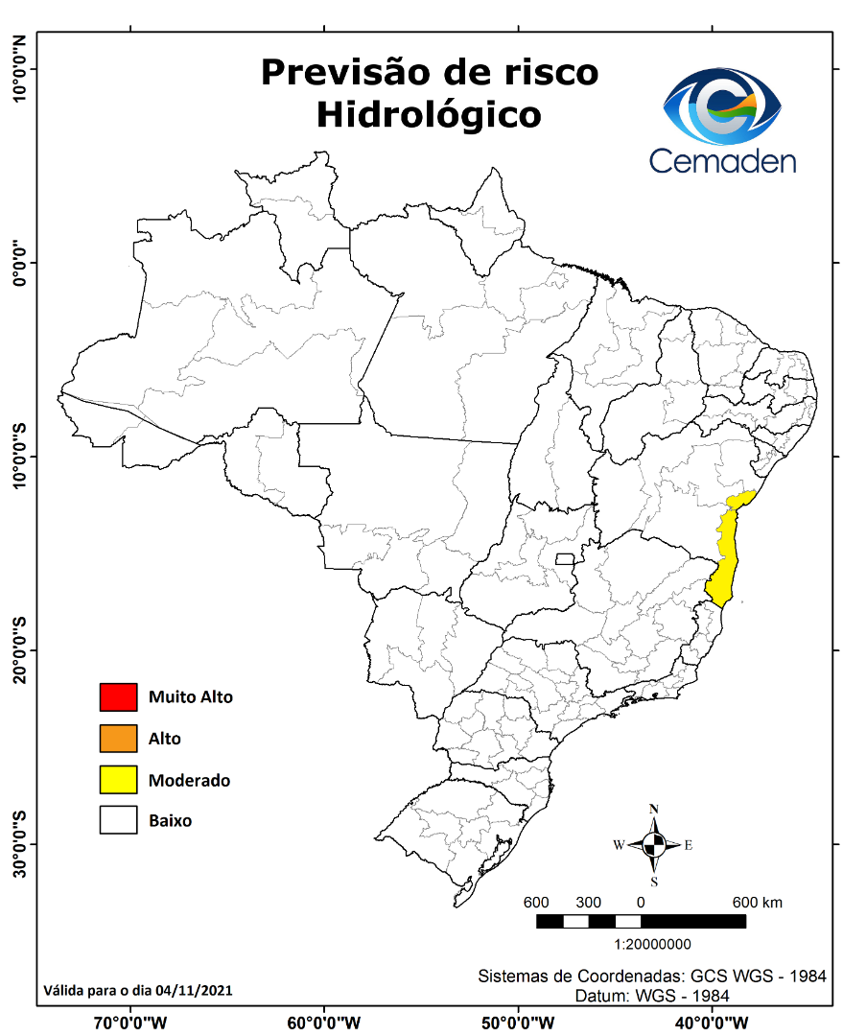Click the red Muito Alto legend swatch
[x=118, y=697]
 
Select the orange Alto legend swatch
[x=118, y=739]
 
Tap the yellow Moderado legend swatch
[x=118, y=780]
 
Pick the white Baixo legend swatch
[x=118, y=821]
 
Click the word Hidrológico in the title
[x=429, y=115]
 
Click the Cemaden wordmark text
[x=722, y=159]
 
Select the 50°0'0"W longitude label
[x=519, y=1021]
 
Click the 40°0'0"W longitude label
[x=713, y=1021]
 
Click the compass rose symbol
[x=654, y=845]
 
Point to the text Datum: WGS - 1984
[x=652, y=996]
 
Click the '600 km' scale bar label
[x=758, y=903]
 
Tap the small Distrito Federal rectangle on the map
[x=565, y=559]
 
